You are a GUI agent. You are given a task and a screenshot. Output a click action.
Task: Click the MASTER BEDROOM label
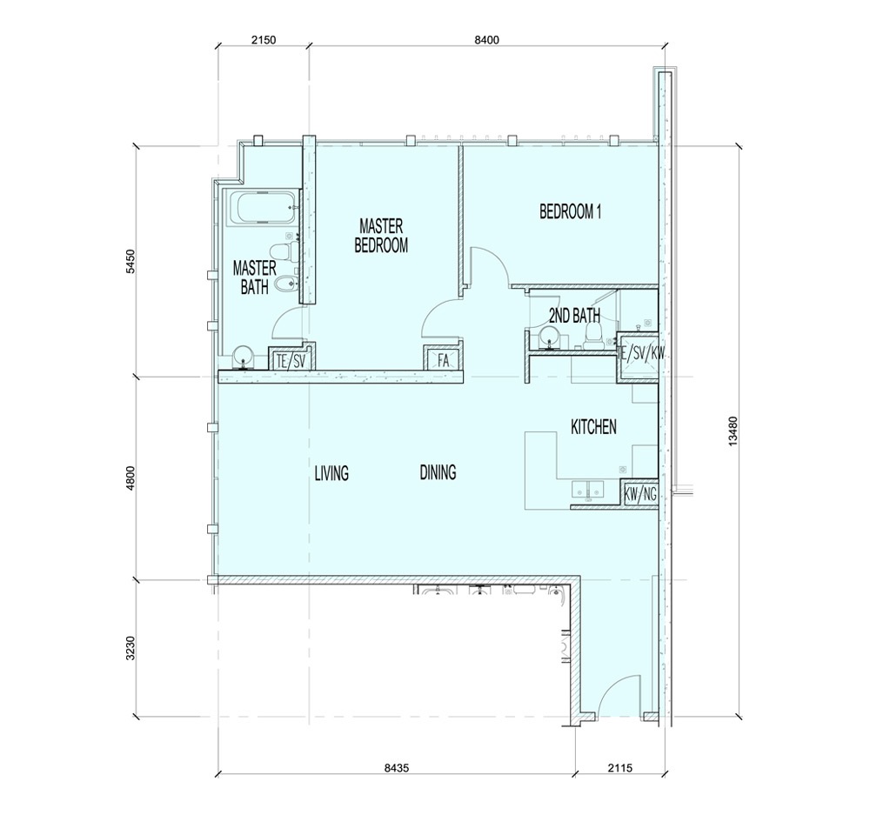381,236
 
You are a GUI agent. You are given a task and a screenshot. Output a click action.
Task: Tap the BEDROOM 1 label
571,211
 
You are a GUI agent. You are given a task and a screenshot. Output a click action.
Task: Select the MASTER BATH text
254,277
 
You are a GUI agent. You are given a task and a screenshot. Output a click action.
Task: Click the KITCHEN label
593,427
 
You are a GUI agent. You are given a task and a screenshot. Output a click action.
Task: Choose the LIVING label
331,473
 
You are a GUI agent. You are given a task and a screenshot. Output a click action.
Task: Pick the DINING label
438,473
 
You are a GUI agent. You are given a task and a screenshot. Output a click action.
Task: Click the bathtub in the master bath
262,210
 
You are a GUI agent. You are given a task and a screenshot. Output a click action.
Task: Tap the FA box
442,358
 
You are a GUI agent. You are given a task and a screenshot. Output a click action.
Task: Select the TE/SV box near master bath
289,358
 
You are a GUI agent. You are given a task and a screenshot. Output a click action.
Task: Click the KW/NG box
640,493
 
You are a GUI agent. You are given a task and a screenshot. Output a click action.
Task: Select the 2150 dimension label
261,40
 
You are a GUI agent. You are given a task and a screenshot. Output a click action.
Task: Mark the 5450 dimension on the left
131,263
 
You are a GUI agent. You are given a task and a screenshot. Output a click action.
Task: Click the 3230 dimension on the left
131,648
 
